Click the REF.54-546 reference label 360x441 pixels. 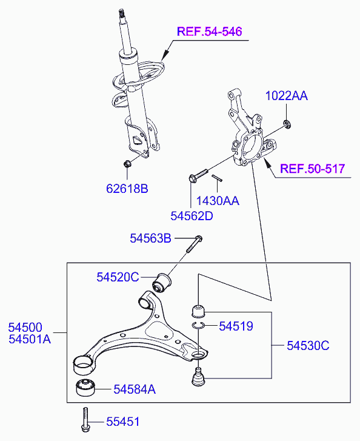pos(209,31)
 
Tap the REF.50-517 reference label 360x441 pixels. pos(313,169)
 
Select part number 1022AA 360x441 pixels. pos(287,96)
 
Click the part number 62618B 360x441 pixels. pos(127,189)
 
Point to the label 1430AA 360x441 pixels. pos(218,201)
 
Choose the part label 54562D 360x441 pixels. pos(192,216)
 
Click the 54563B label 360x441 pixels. pos(151,238)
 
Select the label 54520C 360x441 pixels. pos(118,277)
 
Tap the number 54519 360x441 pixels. pos(236,326)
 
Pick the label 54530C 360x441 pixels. pos(308,346)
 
